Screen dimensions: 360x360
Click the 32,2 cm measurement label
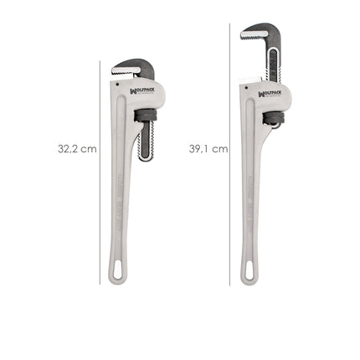(x=76, y=148)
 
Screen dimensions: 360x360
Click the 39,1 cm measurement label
(x=208, y=148)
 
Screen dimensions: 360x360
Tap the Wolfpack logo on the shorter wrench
(x=142, y=92)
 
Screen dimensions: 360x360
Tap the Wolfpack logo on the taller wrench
(x=270, y=94)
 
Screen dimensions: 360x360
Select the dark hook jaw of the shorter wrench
(x=134, y=66)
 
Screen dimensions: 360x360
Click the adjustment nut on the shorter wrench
(x=146, y=114)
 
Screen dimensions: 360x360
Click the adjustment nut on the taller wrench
(x=271, y=117)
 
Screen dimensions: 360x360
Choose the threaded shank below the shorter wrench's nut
(x=146, y=138)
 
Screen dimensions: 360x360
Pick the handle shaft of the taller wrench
(x=249, y=201)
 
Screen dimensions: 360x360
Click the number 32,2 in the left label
(x=69, y=148)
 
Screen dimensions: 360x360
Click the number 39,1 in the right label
(x=199, y=148)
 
